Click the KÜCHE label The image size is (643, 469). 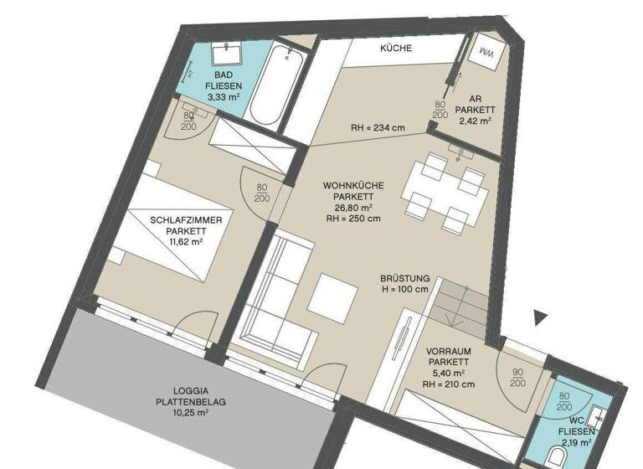[395, 49]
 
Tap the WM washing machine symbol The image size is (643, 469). [486, 53]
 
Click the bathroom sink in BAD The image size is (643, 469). [227, 55]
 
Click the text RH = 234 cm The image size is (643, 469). [378, 128]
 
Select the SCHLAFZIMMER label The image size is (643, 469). [186, 220]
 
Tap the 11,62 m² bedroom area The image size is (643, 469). [185, 242]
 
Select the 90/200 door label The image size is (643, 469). [517, 376]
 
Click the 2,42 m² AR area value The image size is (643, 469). [475, 121]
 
